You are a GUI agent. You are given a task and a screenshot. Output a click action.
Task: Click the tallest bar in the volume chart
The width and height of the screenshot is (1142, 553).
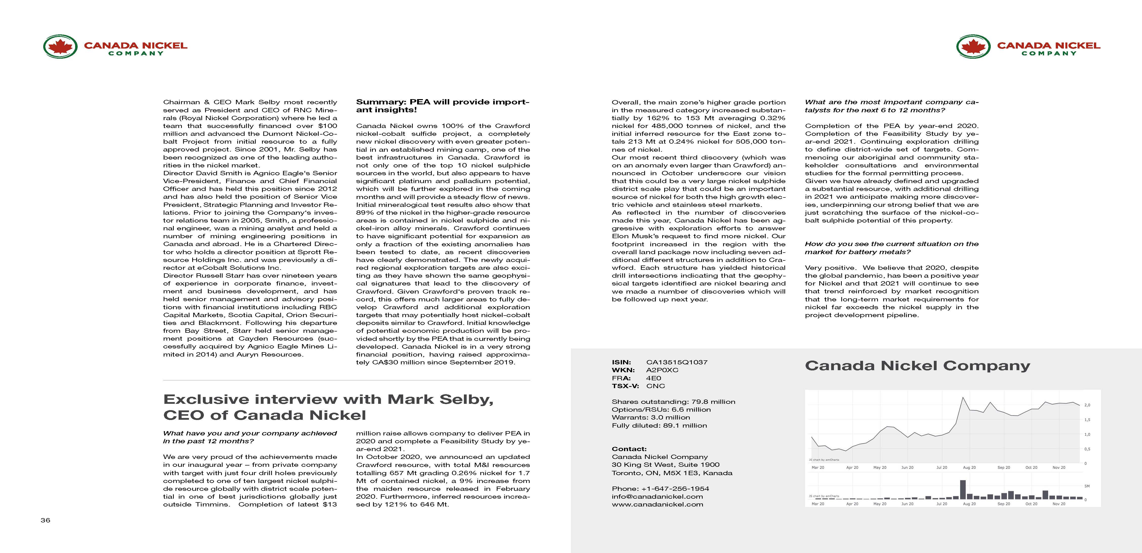click(x=962, y=490)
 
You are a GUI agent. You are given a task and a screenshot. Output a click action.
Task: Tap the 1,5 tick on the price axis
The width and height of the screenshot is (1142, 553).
click(x=1087, y=420)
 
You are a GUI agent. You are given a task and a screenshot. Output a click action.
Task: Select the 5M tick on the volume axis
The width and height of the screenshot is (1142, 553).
click(x=1087, y=486)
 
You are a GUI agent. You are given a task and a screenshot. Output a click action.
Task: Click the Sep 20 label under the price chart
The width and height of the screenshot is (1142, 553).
click(x=1004, y=468)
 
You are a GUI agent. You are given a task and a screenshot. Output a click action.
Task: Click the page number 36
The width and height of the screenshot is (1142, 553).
click(x=45, y=520)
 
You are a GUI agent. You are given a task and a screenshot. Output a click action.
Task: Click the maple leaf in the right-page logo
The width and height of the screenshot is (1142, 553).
click(x=973, y=46)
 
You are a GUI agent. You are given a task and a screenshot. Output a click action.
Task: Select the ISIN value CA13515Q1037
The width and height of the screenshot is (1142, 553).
click(x=677, y=362)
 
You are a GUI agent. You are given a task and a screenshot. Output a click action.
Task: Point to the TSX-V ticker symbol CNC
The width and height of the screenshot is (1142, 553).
click(x=655, y=386)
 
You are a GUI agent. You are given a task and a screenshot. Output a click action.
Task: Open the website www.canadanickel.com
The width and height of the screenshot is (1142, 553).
click(x=657, y=504)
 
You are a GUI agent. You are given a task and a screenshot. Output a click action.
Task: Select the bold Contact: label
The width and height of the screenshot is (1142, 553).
click(x=629, y=449)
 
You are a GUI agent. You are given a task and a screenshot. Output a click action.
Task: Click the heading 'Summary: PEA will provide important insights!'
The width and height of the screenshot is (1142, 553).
click(x=442, y=106)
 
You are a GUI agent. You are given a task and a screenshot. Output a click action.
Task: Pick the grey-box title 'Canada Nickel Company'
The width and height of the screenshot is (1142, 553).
click(x=917, y=366)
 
